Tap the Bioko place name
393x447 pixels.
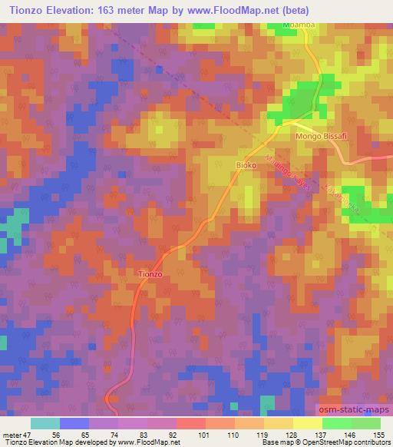pos(245,165)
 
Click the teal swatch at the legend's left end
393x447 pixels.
pos(45,423)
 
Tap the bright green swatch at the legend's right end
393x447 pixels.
pos(366,423)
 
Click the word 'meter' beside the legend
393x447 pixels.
pos(13,433)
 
